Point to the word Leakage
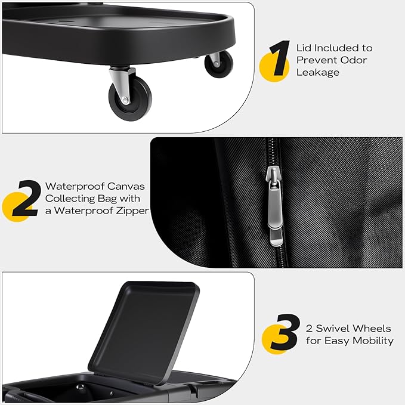(318, 73)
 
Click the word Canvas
(126, 186)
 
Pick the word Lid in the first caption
(304, 48)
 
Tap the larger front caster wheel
(130, 98)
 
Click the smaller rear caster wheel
(219, 64)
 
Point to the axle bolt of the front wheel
(125, 100)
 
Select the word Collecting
(70, 199)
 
